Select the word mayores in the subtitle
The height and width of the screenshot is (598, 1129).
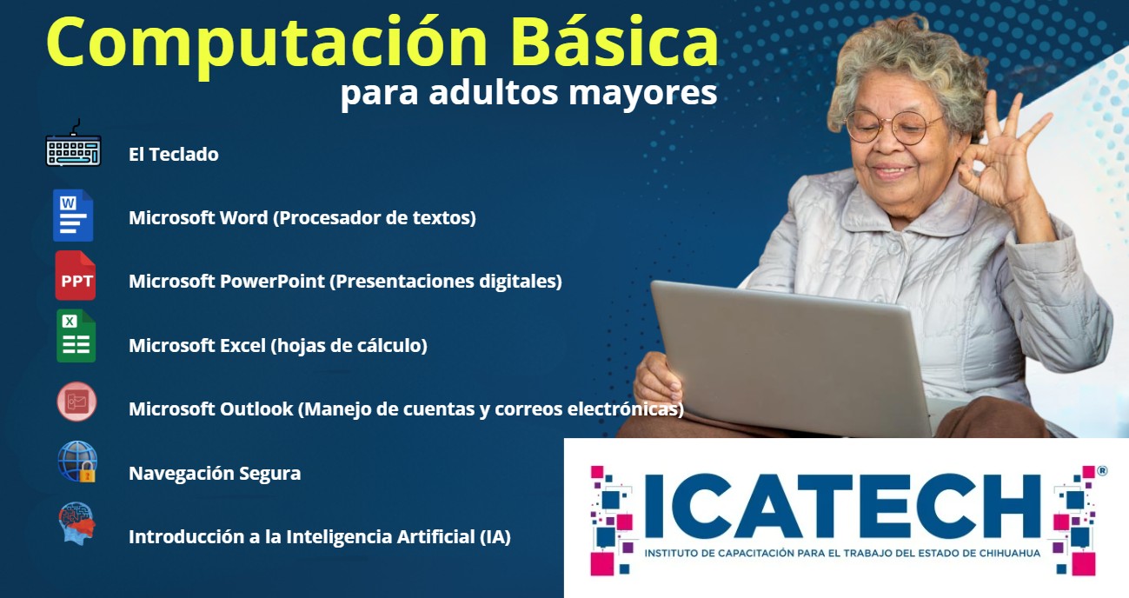point(642,94)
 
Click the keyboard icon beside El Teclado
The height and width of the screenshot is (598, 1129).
point(74,143)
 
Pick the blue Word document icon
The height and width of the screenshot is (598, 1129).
point(73,216)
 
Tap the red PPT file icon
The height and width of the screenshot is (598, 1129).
point(75,276)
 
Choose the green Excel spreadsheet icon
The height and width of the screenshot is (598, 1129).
point(76,336)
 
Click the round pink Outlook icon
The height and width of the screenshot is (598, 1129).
point(76,402)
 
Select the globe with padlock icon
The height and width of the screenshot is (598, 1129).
point(76,462)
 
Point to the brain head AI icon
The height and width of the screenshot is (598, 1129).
point(76,522)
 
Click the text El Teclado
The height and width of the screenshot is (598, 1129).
point(173,155)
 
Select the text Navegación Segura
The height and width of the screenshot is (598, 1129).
point(215,474)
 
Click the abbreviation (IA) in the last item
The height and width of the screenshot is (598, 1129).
point(495,537)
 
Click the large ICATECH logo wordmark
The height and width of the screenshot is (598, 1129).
point(842,506)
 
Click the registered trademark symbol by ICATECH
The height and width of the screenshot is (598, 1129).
point(1102,471)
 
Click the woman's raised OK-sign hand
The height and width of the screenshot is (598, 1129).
point(1003,156)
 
